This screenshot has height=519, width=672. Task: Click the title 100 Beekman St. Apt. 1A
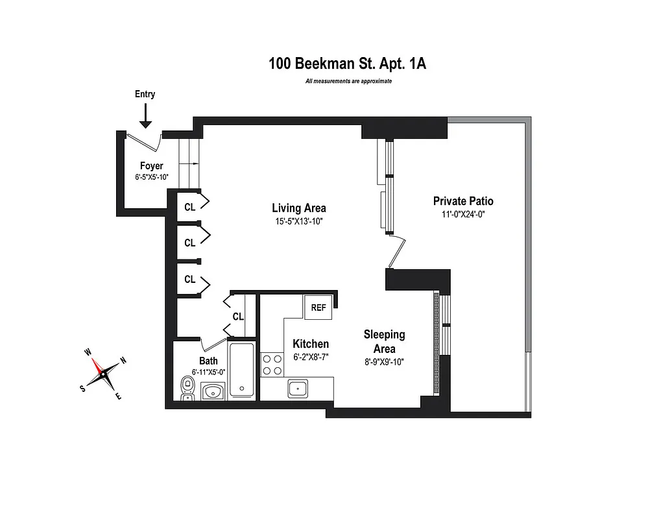348,64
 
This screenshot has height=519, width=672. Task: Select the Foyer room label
151,166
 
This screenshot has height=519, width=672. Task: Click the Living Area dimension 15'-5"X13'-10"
298,221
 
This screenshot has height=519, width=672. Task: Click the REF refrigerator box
318,308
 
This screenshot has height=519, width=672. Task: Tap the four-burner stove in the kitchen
271,365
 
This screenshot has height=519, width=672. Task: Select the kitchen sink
298,389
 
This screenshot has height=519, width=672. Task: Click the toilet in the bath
187,389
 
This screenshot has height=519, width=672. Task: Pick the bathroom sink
213,391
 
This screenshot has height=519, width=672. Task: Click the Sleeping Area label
384,341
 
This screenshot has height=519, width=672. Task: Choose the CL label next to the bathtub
238,317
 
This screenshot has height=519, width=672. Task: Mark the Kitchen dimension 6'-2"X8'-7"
310,357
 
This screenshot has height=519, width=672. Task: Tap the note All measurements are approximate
348,82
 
